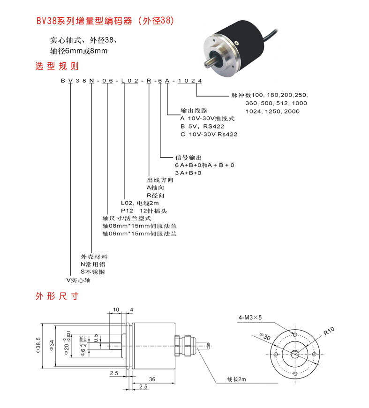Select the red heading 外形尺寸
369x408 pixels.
(56, 296)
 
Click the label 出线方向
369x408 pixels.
(160, 180)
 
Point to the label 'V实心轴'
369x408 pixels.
(78, 280)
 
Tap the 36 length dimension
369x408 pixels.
(151, 379)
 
